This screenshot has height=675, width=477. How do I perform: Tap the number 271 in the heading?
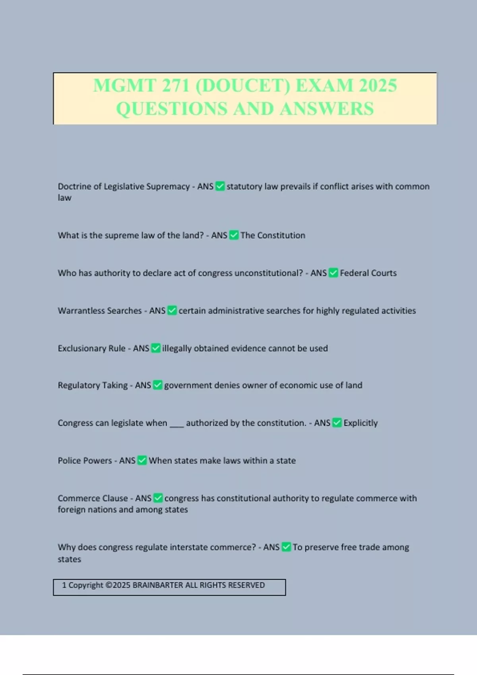[175, 86]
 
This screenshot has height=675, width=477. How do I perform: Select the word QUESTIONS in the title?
[172, 109]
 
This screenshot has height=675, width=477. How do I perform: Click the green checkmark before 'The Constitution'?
[234, 235]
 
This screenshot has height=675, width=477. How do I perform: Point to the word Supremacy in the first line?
[169, 187]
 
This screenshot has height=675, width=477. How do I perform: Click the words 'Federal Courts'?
[368, 273]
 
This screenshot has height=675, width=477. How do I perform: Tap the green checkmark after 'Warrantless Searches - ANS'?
[172, 310]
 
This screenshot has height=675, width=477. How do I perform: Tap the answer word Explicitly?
[361, 423]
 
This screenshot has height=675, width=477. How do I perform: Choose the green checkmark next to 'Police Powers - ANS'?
[142, 461]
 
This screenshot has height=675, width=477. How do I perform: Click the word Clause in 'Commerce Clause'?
[115, 498]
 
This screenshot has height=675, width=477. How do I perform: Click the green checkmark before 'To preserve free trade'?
[286, 547]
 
